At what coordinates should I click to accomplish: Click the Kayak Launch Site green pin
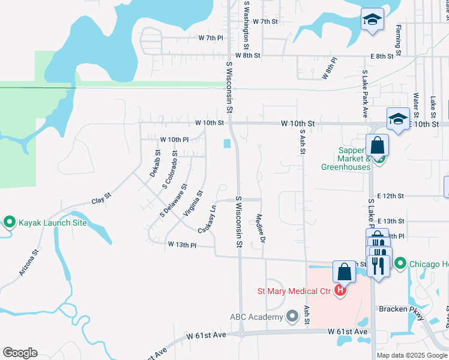(x=10, y=223)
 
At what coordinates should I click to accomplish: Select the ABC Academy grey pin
(x=292, y=316)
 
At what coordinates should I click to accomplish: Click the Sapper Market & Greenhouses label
(x=343, y=159)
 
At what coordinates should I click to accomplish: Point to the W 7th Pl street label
(x=211, y=37)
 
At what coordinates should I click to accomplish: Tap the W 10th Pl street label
(x=174, y=139)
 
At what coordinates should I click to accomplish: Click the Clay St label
(x=101, y=199)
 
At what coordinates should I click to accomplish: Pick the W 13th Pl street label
(x=182, y=245)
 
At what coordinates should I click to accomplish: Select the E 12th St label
(x=393, y=196)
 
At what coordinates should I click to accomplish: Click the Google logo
(x=20, y=353)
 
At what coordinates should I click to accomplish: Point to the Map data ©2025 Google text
(x=411, y=355)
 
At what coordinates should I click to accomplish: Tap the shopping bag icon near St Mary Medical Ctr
(x=345, y=272)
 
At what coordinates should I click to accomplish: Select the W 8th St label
(x=247, y=55)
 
